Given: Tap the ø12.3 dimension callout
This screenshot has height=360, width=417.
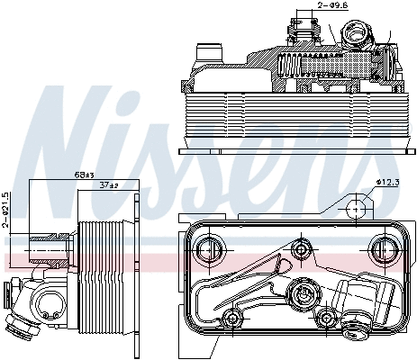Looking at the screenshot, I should [388, 182].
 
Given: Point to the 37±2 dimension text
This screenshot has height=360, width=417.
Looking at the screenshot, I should [108, 184].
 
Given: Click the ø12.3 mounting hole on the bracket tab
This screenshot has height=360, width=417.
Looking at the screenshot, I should [358, 208].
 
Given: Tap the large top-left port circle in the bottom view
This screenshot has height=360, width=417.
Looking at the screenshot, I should [210, 247].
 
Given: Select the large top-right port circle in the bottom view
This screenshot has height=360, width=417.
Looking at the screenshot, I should [381, 248].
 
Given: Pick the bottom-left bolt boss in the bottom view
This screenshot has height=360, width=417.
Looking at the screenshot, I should [234, 317].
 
